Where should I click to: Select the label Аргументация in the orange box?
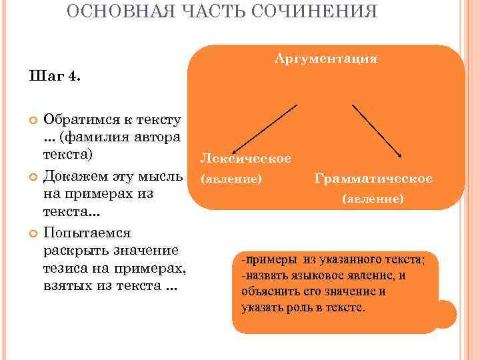coord(326,59)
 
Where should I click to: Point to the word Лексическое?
coord(245,159)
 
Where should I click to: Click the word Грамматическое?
coord(373,179)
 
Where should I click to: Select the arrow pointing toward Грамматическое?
coord(376,130)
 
